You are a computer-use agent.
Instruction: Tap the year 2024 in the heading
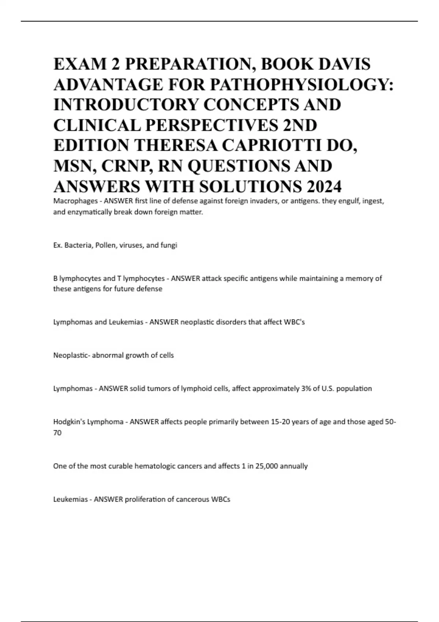point(324,187)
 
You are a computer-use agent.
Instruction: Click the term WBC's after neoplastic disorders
point(294,322)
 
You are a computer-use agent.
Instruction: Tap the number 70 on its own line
point(57,433)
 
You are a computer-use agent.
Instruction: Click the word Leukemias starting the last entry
point(71,499)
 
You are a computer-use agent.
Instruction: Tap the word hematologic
point(155,466)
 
